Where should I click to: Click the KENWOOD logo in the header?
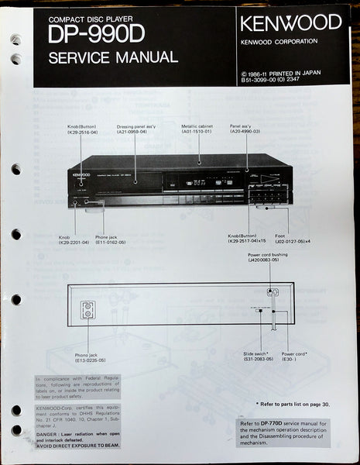tap(290, 22)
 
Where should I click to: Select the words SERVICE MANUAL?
tap(113, 57)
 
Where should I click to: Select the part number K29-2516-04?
tap(83, 132)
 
